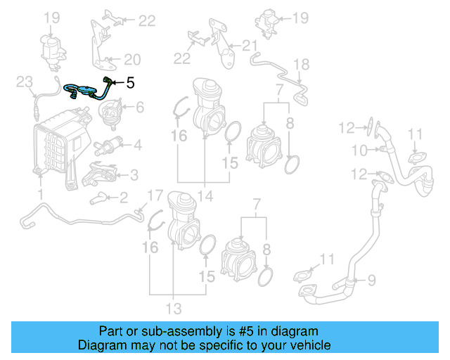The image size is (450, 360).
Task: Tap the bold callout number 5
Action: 130,82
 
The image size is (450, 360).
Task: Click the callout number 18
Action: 301,65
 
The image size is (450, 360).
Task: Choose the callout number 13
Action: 174,308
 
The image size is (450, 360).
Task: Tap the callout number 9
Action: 371,280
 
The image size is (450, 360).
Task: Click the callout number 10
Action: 359,150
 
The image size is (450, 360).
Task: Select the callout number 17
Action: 154,195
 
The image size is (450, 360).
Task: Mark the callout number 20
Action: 132,60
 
